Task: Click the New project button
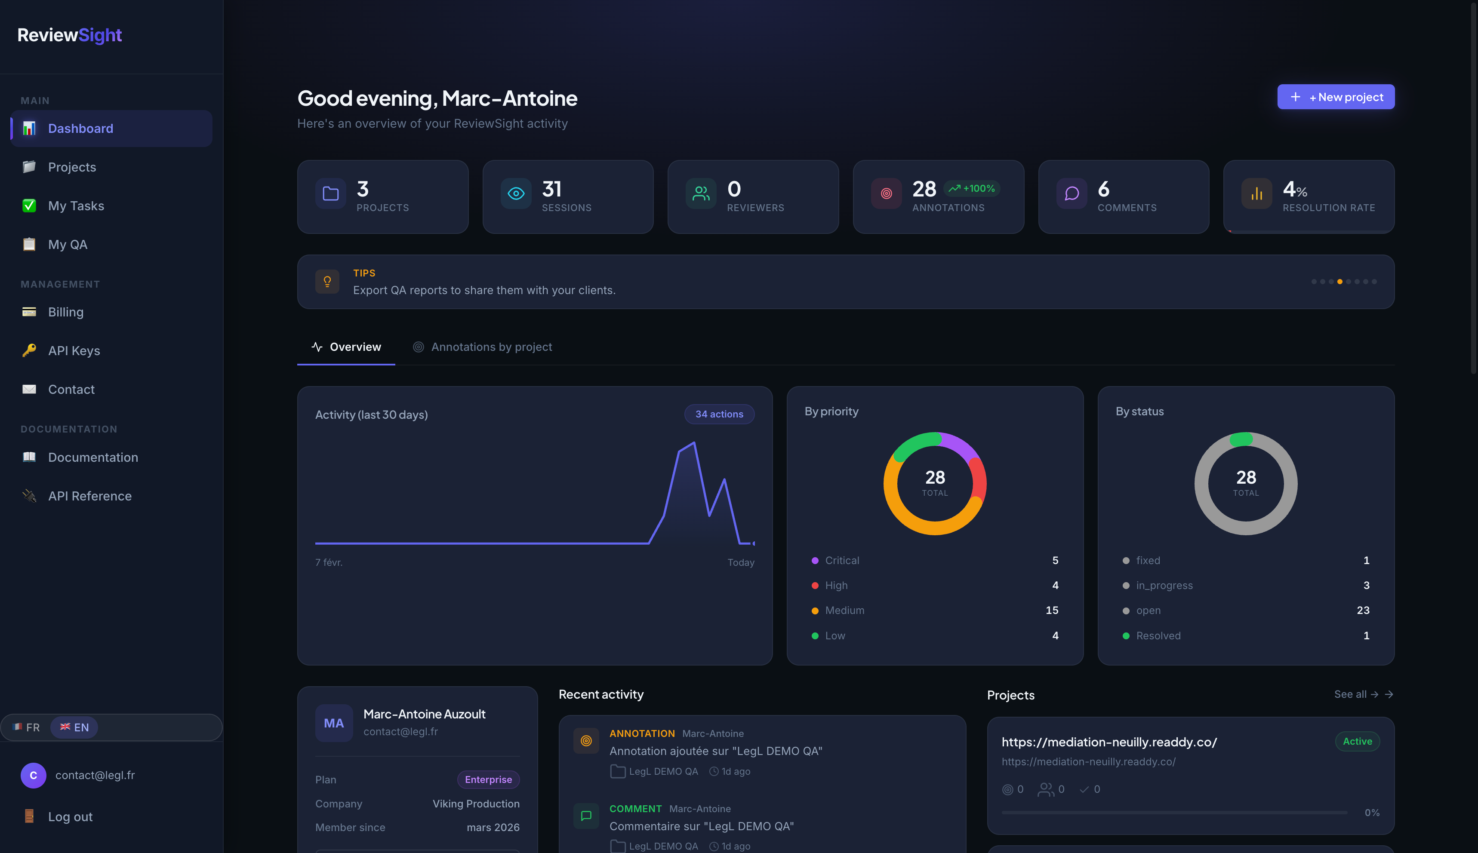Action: tap(1336, 97)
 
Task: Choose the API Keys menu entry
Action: tap(74, 351)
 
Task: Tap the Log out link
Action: tap(70, 817)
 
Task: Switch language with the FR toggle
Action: tap(27, 727)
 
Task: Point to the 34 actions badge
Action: tap(719, 414)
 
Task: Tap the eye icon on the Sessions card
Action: tap(516, 194)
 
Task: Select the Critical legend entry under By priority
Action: tap(841, 561)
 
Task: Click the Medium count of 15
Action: tap(1051, 611)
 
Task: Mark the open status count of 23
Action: tap(1363, 611)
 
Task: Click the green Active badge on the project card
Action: tap(1357, 742)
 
